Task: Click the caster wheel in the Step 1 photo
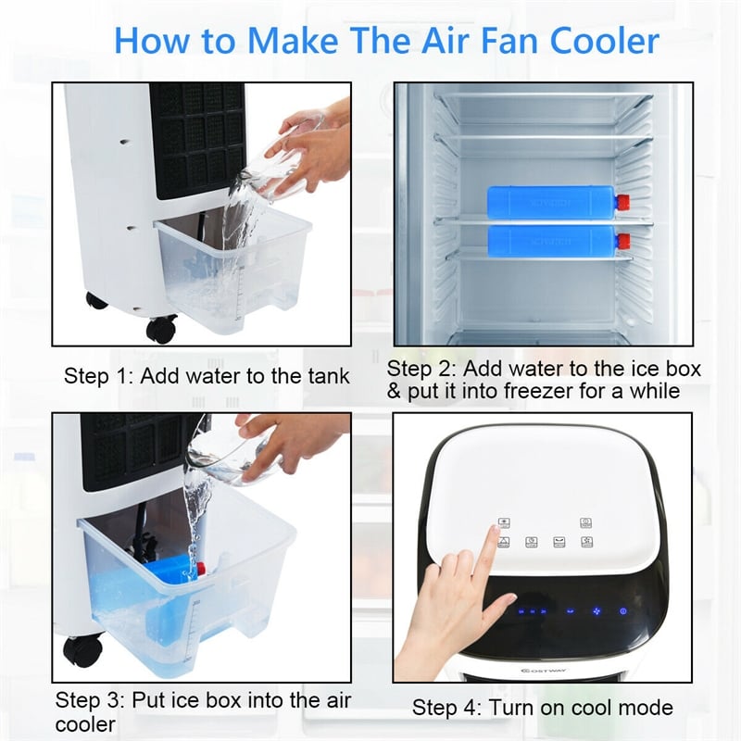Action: pos(161,328)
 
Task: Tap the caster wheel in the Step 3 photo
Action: pos(83,649)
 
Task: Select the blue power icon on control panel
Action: pos(622,610)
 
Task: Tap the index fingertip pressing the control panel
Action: pos(489,530)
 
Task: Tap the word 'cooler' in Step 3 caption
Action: pos(85,723)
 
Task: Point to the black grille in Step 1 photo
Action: pos(196,139)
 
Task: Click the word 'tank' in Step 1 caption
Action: pos(329,376)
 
